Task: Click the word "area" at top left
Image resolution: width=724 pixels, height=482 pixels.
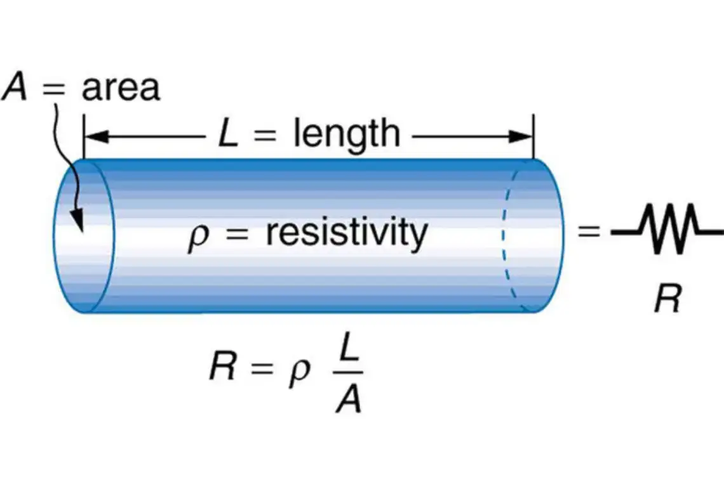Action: coord(120,88)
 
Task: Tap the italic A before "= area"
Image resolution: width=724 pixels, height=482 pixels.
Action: coord(15,86)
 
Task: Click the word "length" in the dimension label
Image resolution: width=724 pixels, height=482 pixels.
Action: coord(346,134)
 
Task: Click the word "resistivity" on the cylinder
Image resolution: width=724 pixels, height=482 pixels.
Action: coord(347,233)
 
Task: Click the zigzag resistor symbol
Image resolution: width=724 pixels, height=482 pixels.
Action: coord(667,231)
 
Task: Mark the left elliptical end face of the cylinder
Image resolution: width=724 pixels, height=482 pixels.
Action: coord(84,236)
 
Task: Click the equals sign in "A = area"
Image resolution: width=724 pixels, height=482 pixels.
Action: coord(55,88)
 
